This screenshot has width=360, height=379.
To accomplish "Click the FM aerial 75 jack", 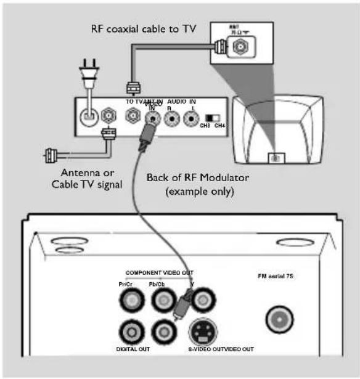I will click(x=279, y=318).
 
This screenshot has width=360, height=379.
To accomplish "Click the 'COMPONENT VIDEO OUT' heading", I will click(x=162, y=272).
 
